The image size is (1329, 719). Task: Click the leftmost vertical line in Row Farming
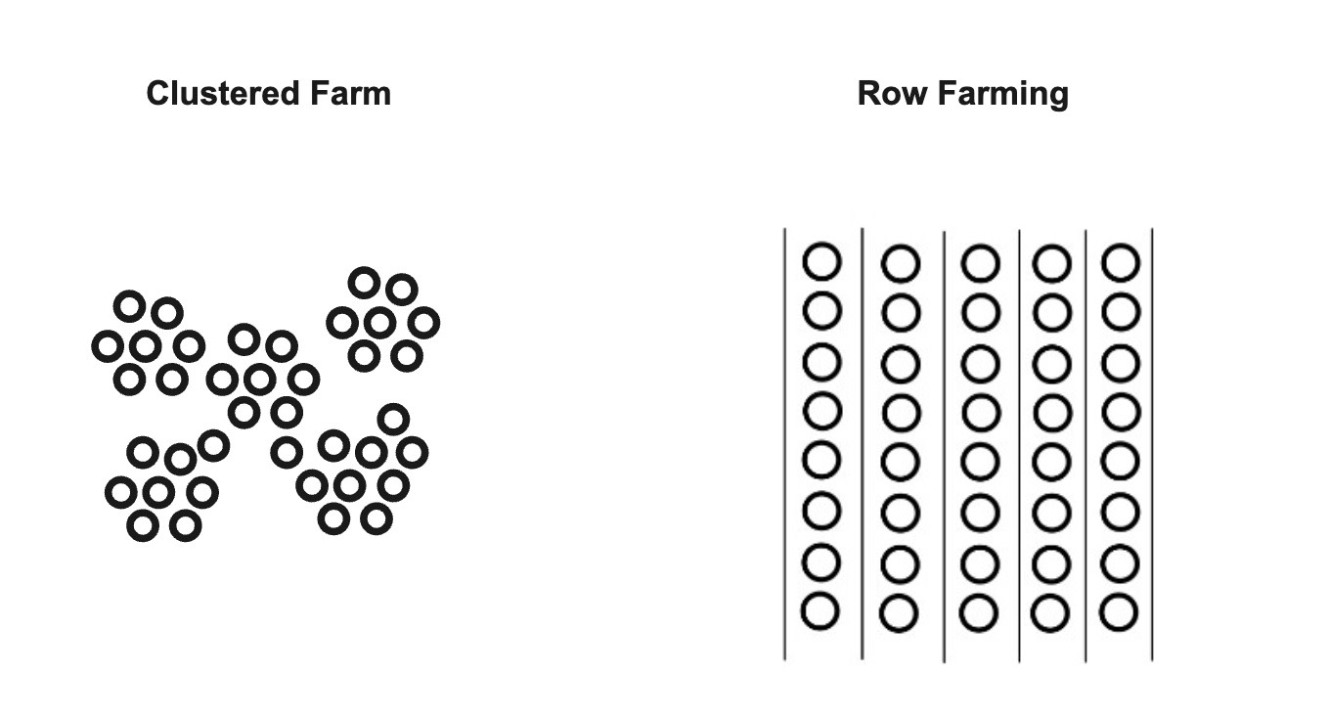click(x=784, y=440)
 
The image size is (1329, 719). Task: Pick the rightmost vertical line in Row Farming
click(x=1152, y=440)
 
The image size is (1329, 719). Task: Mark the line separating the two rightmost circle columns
click(x=1085, y=440)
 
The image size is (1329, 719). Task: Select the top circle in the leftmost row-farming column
click(x=821, y=262)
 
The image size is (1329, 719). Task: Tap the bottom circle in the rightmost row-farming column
click(x=1120, y=612)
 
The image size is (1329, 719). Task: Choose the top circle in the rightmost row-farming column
click(x=1121, y=263)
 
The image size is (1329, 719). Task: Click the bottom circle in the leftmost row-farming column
click(x=820, y=611)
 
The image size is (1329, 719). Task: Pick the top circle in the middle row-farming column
click(x=980, y=263)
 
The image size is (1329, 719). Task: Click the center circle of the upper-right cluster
click(x=379, y=322)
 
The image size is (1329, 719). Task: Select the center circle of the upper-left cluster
click(x=146, y=345)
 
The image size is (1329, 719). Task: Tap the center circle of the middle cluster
click(x=260, y=379)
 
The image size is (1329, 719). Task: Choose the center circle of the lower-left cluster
click(x=158, y=492)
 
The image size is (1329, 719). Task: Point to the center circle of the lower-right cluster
click(x=350, y=485)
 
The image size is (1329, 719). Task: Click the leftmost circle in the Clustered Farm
click(x=107, y=345)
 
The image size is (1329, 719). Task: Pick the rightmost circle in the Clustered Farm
click(x=423, y=322)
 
